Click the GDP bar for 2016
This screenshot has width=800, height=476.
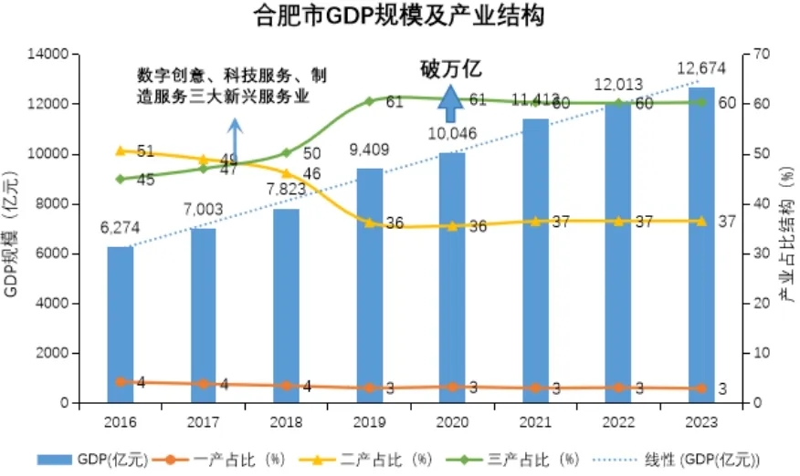pos(121,325)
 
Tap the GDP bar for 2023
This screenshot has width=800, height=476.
pos(701,244)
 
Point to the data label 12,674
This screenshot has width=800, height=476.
pos(700,68)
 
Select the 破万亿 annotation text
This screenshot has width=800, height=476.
pos(450,68)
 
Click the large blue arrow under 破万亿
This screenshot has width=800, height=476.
pos(448,102)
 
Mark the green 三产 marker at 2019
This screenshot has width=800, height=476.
pos(369,100)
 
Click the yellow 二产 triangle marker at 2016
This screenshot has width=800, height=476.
pos(121,150)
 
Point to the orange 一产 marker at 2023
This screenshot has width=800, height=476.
pos(701,388)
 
